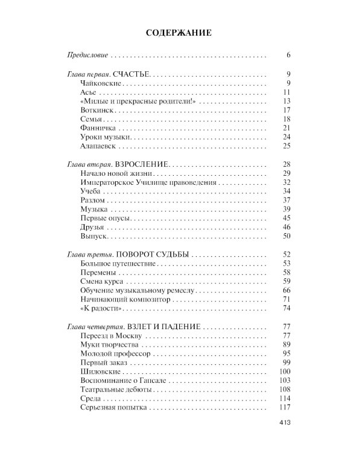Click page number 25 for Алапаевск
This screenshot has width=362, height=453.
(x=287, y=147)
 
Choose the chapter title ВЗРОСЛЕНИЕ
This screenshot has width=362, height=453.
(x=139, y=165)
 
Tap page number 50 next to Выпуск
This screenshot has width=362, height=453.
(x=287, y=236)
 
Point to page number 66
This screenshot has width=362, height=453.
(x=287, y=291)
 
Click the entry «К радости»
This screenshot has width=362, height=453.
(x=96, y=309)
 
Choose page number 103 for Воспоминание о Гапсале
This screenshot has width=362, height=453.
(x=285, y=381)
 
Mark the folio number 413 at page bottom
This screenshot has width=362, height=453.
(x=285, y=423)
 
